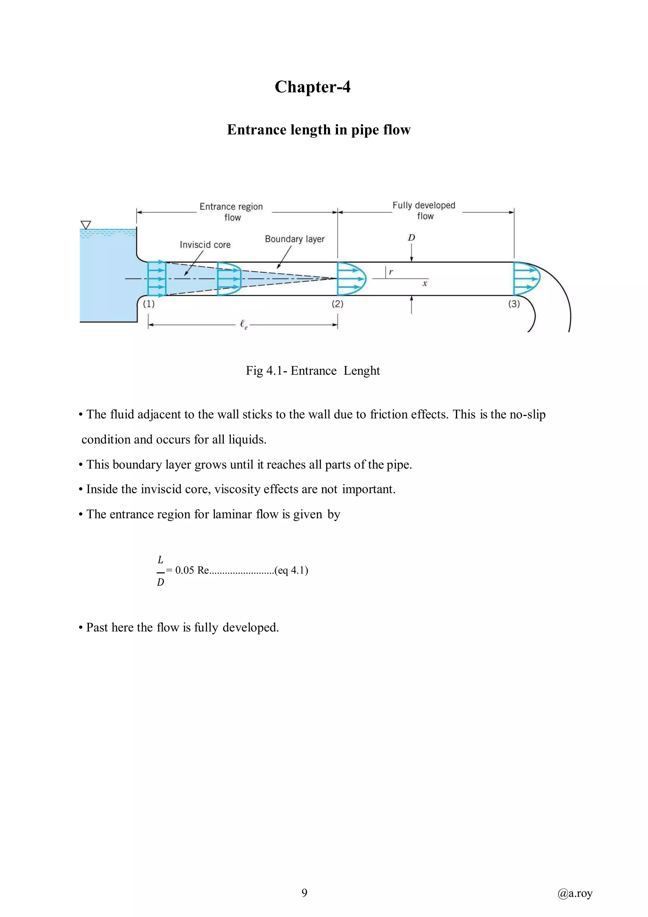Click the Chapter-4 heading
coord(312,87)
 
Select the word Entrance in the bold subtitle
coord(252,130)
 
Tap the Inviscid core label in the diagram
coord(205,245)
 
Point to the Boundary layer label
coord(295,239)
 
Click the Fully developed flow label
coord(424,211)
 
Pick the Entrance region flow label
coord(231,212)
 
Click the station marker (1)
coord(149,304)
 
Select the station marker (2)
coord(338,304)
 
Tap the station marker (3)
coord(514,304)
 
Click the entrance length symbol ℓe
coord(243,325)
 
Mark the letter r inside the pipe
coord(391,272)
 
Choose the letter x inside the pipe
coord(425,284)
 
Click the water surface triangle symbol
coord(86,225)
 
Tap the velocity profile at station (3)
coord(526,278)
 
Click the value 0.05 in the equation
coord(184,570)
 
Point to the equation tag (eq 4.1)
coord(291,570)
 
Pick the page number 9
coord(304,893)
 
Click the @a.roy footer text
coord(575,893)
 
